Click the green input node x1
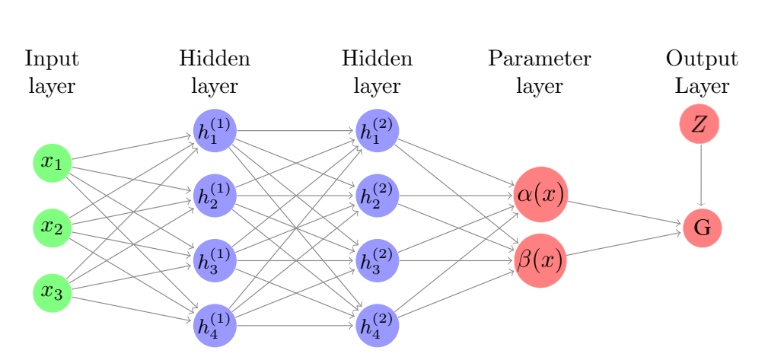52,162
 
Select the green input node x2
52,227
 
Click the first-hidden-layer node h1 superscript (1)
215,130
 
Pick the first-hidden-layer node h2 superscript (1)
215,195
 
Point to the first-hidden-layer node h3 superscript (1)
215,260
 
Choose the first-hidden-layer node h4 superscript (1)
215,325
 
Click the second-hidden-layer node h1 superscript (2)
377,130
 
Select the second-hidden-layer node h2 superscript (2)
377,195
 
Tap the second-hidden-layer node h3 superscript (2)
377,260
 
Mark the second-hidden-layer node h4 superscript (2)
377,325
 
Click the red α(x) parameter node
540,193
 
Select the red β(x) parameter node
540,260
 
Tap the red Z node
699,125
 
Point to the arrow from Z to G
700,175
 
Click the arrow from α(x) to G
624,213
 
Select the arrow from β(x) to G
624,244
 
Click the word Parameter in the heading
540,59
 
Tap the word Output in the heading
701,59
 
